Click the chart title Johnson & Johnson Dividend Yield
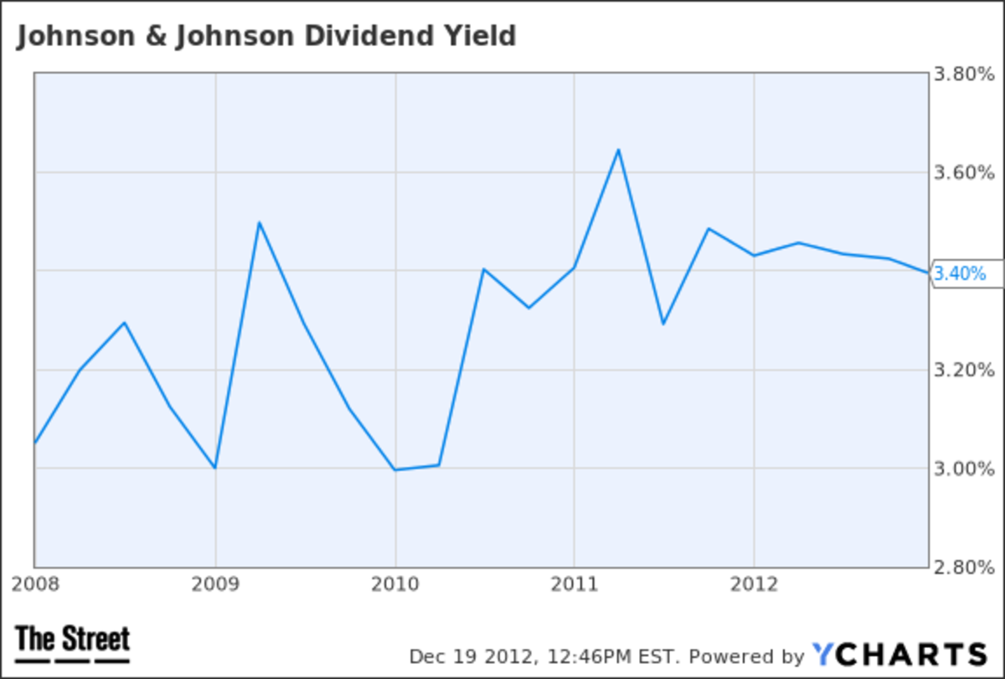265,36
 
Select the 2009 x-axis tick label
216,583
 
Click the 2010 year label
395,583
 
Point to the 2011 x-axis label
575,583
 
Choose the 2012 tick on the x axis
754,583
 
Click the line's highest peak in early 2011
618,150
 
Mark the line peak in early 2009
260,222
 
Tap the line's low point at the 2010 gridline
395,469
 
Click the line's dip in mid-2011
663,324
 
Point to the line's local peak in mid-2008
125,322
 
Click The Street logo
73,643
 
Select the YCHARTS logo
899,654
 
